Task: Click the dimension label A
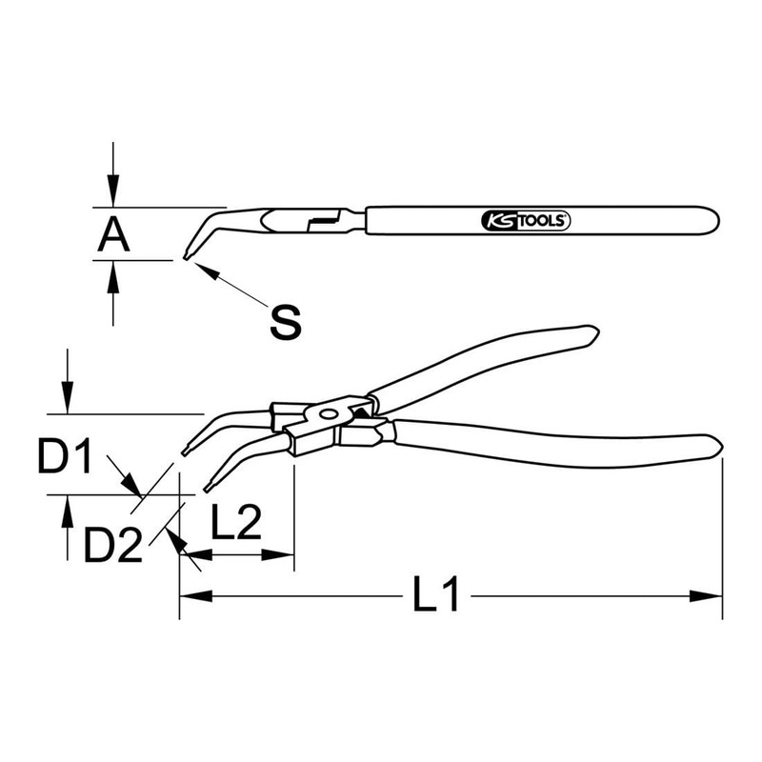coord(112,233)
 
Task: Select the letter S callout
coord(285,322)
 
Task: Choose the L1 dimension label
coord(436,597)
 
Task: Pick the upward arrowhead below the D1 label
coord(66,507)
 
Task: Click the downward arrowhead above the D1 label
coord(66,402)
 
